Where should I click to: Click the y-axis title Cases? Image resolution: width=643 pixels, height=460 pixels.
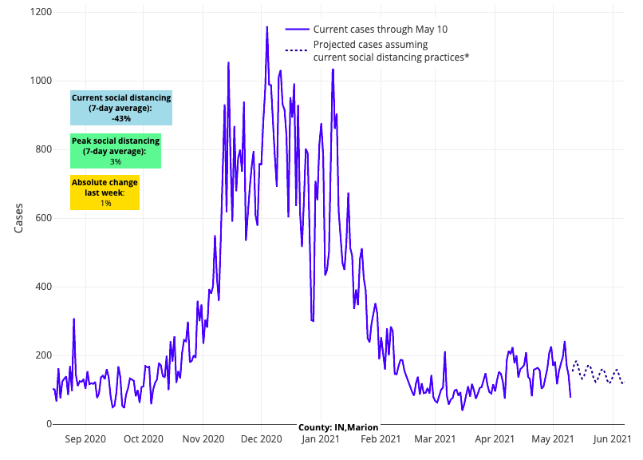20,218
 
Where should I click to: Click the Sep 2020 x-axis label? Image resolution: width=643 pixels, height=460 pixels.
85,438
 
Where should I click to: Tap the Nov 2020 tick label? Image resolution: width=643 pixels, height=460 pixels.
203,438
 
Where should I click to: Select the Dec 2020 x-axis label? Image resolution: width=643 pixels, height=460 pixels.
261,438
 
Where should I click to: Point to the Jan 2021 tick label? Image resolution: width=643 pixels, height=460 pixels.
321,438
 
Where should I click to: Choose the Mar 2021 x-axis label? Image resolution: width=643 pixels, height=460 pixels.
436,438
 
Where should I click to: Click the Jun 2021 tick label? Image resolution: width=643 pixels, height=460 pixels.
612,438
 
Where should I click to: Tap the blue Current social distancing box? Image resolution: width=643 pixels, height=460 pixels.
121,108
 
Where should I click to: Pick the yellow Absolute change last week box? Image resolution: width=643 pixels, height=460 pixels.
105,192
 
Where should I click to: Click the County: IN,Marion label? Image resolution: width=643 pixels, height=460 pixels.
339,427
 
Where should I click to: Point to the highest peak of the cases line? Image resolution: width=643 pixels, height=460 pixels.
267,26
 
